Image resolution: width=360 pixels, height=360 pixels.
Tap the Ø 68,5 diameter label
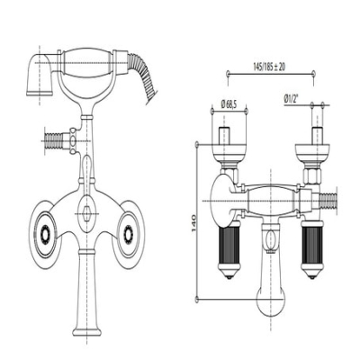point(229,104)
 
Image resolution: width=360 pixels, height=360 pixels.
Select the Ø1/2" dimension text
point(292,99)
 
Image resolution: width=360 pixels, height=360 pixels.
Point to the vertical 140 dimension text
point(193,223)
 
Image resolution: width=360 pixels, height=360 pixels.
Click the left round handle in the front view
point(45,233)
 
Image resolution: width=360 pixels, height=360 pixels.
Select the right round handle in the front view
point(129,233)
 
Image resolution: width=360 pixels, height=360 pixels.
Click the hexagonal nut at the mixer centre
point(86,213)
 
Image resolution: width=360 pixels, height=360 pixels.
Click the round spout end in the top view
point(271,302)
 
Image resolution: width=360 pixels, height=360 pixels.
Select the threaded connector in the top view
point(328,201)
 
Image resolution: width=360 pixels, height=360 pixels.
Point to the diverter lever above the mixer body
point(86,168)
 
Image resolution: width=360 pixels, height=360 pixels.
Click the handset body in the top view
point(271,201)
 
